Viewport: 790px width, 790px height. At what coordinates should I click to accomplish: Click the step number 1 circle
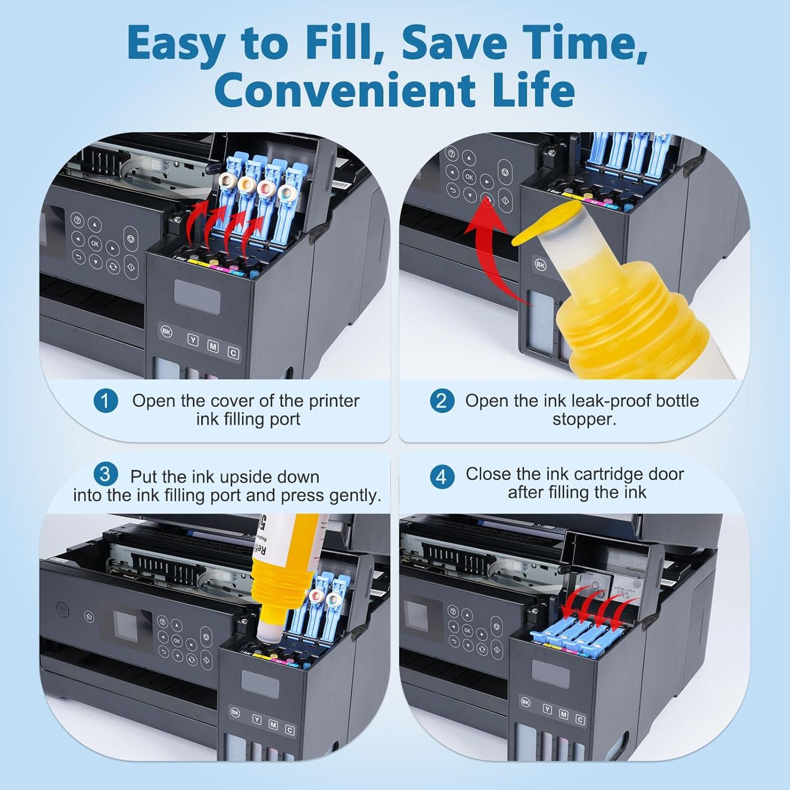105,401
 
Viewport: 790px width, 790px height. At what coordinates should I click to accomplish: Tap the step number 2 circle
441,401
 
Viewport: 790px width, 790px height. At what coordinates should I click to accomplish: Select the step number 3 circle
105,474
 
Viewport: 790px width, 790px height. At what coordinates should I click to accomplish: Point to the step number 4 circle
441,477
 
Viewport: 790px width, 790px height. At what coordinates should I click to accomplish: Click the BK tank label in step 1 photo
166,333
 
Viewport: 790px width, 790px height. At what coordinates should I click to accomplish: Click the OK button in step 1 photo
95,243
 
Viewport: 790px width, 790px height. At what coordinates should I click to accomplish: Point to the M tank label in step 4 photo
564,715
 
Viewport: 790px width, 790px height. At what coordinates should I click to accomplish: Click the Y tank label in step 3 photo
256,720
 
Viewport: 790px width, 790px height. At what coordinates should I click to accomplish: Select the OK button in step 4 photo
467,630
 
